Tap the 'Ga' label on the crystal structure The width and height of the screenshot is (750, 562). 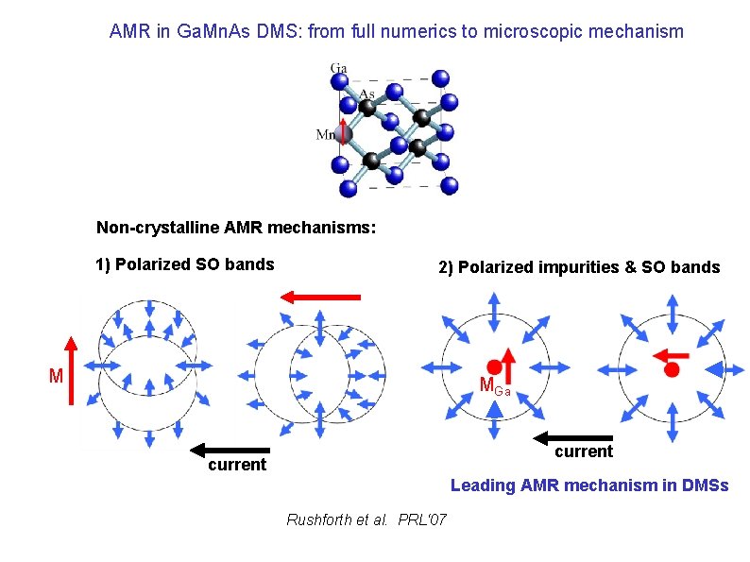point(338,68)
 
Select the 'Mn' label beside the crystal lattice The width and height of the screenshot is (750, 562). point(326,135)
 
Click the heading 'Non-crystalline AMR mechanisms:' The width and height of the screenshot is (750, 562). point(236,228)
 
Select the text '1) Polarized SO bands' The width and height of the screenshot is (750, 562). point(185,264)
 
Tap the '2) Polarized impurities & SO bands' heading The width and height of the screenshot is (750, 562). point(578,267)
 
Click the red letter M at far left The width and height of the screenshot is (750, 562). point(56,377)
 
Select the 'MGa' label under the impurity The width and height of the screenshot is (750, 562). point(494,386)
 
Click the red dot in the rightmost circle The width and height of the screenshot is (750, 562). point(672,369)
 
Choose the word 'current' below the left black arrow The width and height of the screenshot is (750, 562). point(237,466)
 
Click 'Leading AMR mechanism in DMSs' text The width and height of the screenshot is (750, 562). point(589,485)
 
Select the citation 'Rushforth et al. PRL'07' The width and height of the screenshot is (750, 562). point(366,520)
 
